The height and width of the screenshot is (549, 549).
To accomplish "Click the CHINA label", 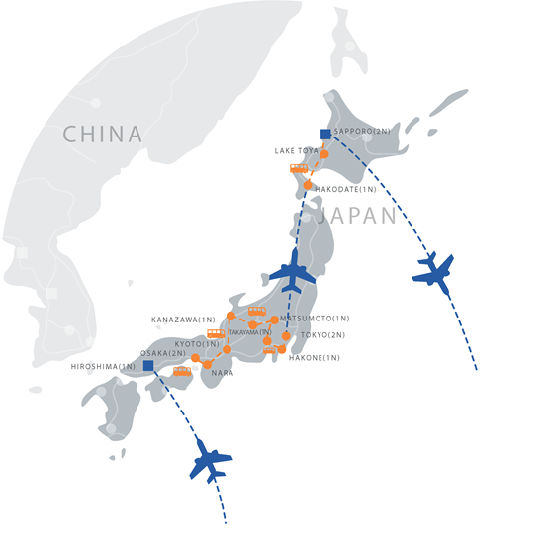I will pyautogui.click(x=102, y=134).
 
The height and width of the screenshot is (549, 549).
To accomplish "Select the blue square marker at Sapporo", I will pyautogui.click(x=325, y=134).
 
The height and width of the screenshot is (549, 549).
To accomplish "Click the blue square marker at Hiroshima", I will pyautogui.click(x=147, y=365).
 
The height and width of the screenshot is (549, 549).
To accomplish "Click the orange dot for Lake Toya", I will pyautogui.click(x=323, y=154).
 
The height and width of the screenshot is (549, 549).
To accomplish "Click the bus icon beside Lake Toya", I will pyautogui.click(x=299, y=168).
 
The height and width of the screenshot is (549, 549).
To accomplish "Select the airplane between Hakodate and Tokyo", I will pyautogui.click(x=293, y=268).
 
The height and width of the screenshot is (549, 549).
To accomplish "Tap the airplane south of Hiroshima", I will pyautogui.click(x=210, y=460).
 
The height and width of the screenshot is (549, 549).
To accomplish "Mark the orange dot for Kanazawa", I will pyautogui.click(x=230, y=317).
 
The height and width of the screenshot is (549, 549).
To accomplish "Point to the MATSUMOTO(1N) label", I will pyautogui.click(x=316, y=318).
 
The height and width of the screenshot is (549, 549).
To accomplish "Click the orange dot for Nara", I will pyautogui.click(x=208, y=365).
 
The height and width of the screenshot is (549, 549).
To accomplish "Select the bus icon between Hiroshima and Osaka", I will pyautogui.click(x=182, y=371).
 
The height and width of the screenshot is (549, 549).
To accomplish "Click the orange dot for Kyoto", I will pyautogui.click(x=227, y=349).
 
